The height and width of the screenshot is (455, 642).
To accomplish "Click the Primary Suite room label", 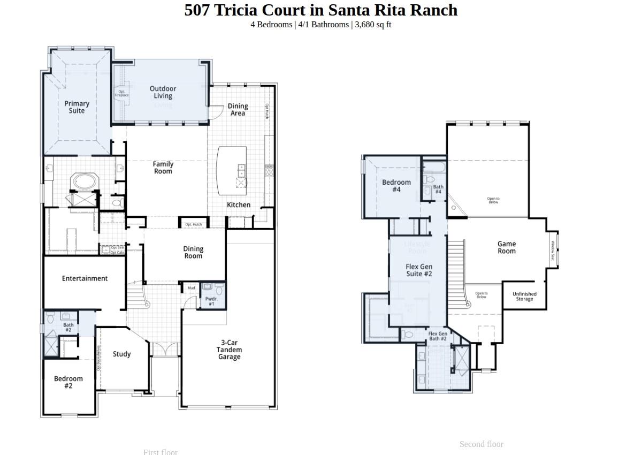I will pos(77,107).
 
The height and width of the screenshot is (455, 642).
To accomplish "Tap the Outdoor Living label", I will pos(163,92).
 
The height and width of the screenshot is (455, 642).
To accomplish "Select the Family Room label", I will pos(163,168).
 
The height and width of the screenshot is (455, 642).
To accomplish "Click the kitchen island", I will pos(231,170).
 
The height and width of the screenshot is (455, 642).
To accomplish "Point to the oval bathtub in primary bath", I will pos(84,181).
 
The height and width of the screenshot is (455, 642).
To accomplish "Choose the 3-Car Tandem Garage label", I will pos(229,350).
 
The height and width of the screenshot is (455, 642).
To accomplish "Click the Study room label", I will pos(122,354).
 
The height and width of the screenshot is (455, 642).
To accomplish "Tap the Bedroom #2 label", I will pos(68,382).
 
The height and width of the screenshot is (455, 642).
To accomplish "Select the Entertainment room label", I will pos(85,278).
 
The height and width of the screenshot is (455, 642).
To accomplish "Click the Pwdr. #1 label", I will pos(211,301).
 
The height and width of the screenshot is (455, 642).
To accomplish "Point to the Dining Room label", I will pos(193,252).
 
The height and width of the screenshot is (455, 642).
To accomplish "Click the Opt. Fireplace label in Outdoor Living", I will pos(121,93).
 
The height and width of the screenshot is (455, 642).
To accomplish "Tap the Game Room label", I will pos(507,247).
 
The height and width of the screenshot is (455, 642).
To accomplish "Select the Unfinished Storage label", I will pos(524,297).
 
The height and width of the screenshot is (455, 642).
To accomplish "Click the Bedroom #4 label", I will pos(396,186).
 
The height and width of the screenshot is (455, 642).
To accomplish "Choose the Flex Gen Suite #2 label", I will pos(419,270).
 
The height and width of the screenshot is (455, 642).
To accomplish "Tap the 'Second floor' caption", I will pos(481,444).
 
